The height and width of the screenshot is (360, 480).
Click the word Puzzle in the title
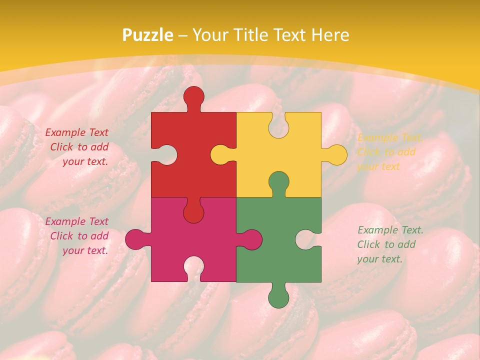(148, 35)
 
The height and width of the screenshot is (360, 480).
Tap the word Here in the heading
(330, 35)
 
